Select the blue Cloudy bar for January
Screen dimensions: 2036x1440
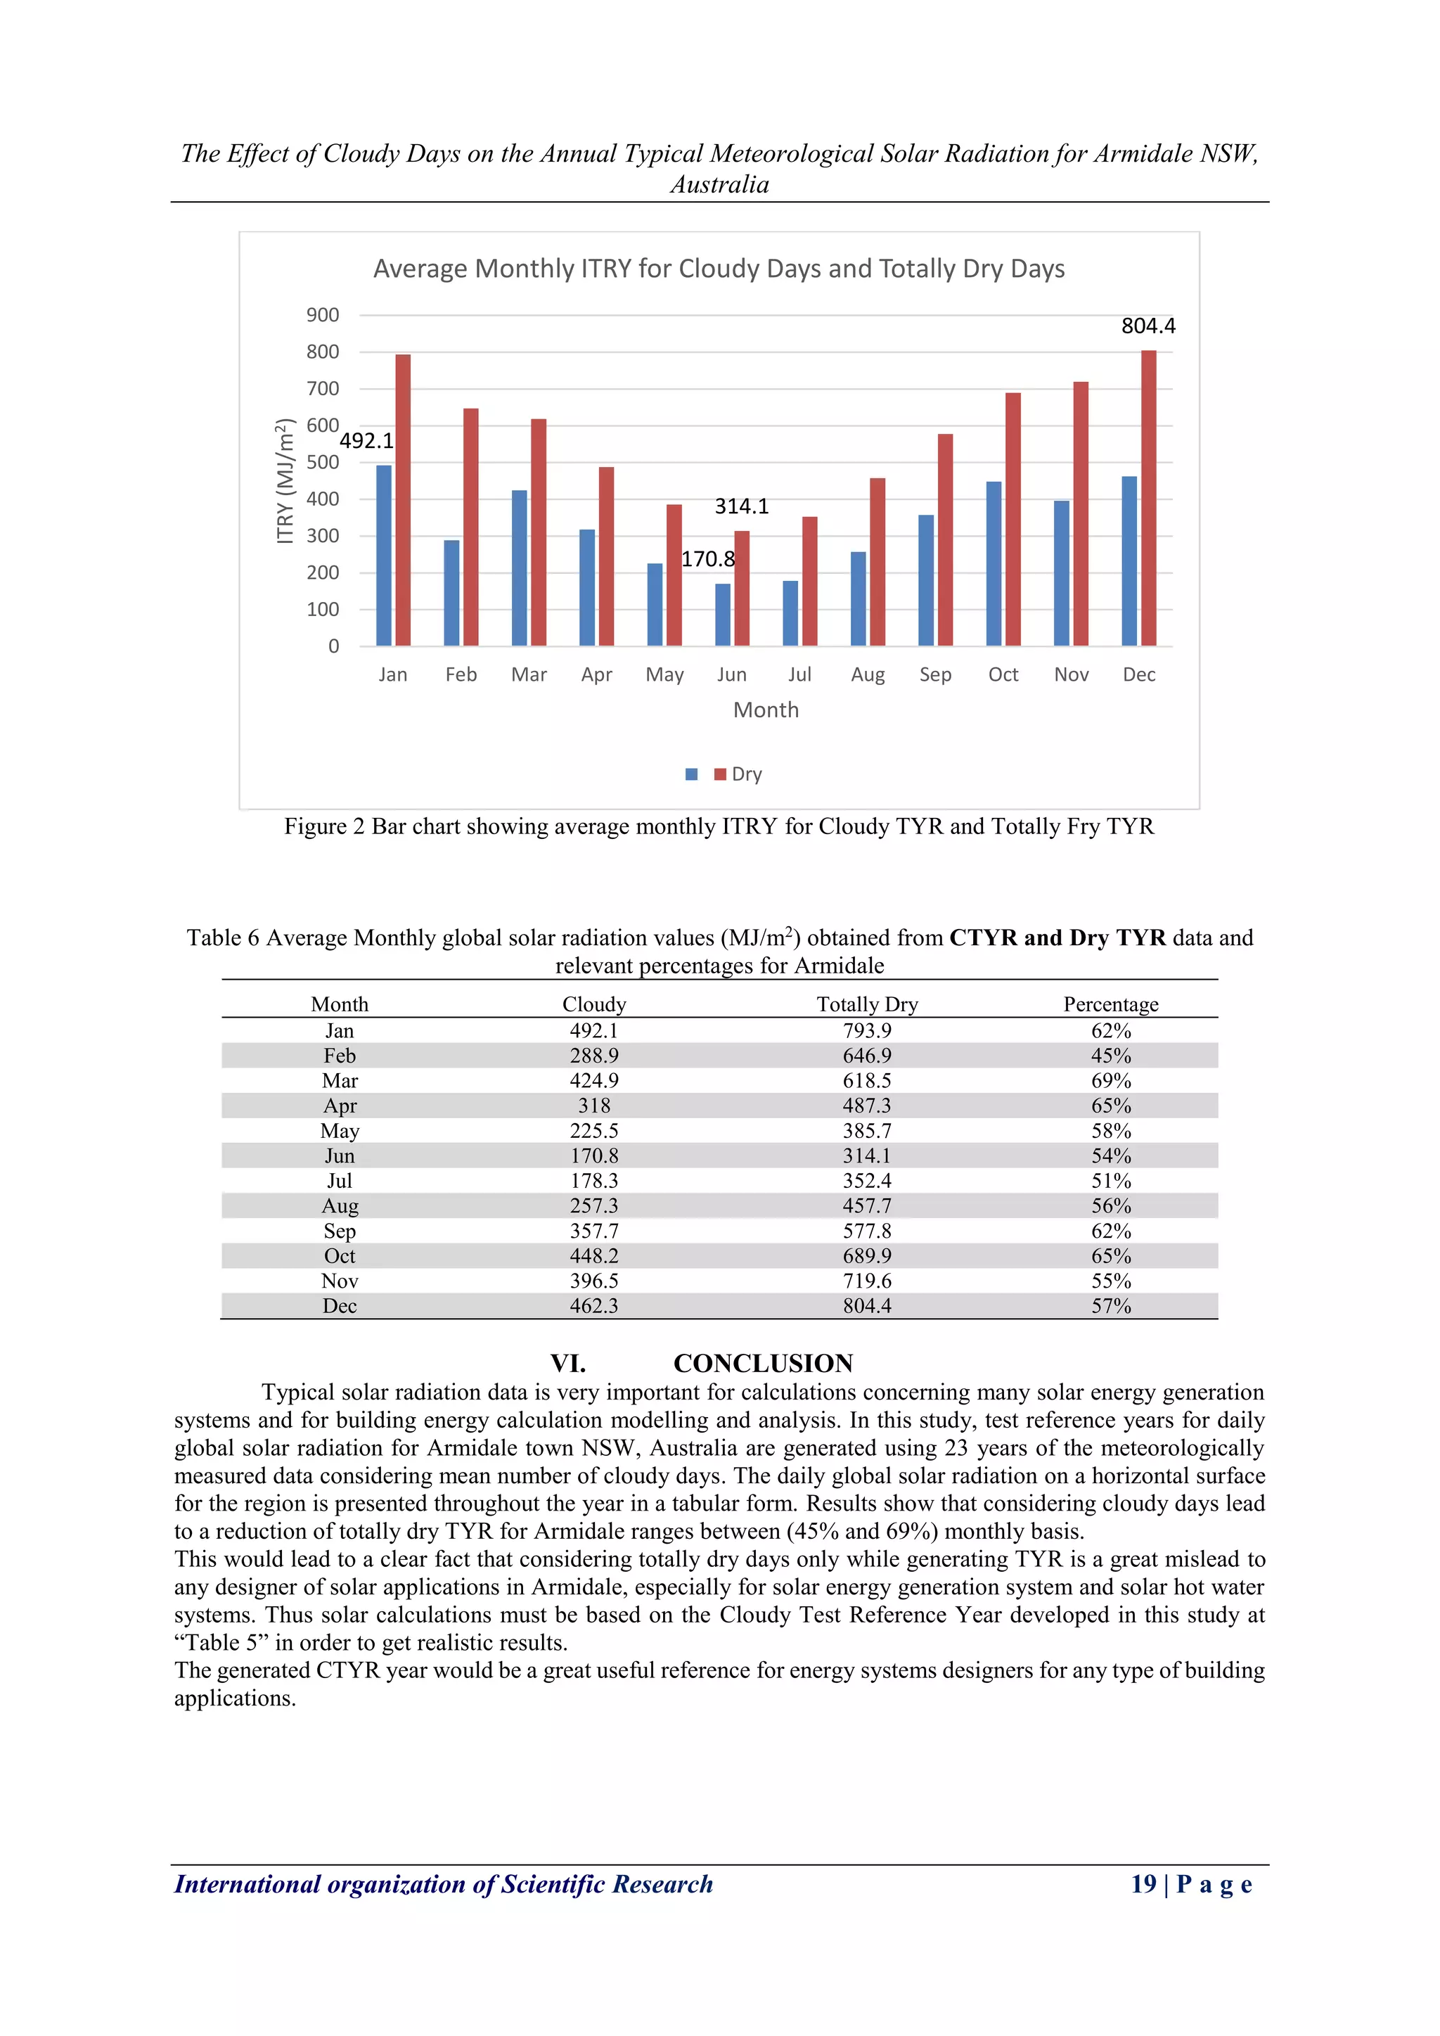[x=383, y=555]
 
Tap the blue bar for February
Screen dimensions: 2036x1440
[x=451, y=592]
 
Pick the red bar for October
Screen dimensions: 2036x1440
[x=1012, y=519]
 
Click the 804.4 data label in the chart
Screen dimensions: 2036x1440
[x=1147, y=326]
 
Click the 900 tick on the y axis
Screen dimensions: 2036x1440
[x=323, y=315]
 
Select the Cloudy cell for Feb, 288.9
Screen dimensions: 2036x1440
[x=594, y=1055]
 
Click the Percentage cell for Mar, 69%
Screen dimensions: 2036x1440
[x=1110, y=1080]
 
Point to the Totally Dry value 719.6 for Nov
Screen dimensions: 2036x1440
[x=866, y=1281]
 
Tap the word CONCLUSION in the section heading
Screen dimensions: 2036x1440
[x=763, y=1363]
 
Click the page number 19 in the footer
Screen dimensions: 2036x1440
[x=1143, y=1883]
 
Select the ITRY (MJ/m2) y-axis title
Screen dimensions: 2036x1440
[x=285, y=482]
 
